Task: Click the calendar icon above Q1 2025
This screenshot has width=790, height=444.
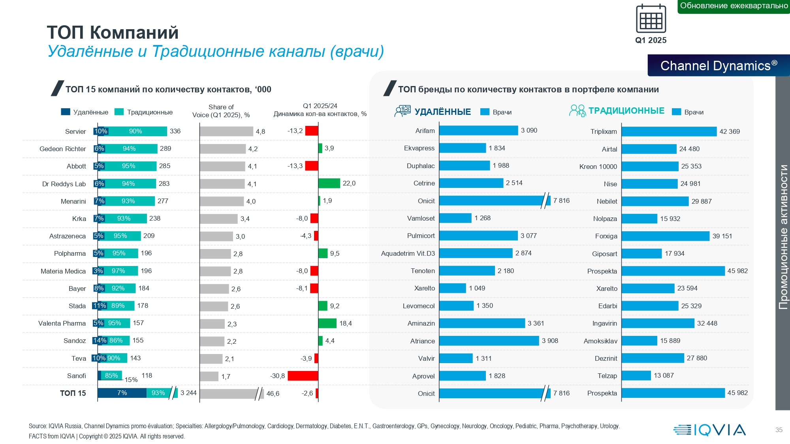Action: (x=651, y=19)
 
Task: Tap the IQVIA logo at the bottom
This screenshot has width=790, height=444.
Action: (x=709, y=430)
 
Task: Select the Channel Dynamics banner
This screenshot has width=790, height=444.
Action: (x=719, y=66)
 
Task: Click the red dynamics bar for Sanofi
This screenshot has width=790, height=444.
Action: (x=303, y=376)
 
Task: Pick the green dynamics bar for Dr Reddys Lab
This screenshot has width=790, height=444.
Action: (x=329, y=183)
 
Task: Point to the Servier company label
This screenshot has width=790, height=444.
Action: (x=75, y=131)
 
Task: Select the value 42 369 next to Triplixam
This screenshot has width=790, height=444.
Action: (x=730, y=131)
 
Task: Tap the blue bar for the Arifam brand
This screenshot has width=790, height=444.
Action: (x=478, y=131)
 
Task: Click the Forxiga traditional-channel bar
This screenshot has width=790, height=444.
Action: (x=665, y=236)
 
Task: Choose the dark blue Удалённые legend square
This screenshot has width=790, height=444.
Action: (x=66, y=112)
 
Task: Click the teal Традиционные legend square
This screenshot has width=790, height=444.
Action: (x=119, y=112)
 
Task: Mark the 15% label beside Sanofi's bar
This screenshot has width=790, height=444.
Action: (x=131, y=380)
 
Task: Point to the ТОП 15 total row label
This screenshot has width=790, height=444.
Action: (x=73, y=393)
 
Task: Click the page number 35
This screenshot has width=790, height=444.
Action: (x=779, y=430)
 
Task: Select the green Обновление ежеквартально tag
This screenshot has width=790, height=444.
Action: (x=734, y=6)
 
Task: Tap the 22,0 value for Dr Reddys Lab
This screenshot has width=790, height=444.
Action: (x=349, y=183)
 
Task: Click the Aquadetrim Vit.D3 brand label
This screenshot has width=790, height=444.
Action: (x=408, y=253)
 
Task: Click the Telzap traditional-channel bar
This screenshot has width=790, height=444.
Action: (x=636, y=376)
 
